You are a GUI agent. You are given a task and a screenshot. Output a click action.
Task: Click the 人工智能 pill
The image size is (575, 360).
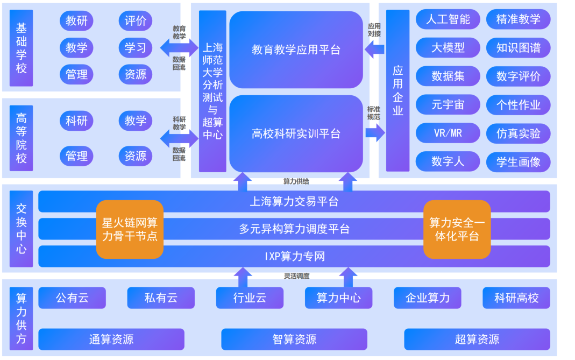pos(448,20)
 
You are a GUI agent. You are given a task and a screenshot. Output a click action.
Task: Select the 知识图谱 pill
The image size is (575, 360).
pos(518,48)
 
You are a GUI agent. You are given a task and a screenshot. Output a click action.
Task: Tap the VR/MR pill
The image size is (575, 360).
pos(448,133)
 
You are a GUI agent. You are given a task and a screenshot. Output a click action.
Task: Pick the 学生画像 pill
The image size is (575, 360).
pos(518,161)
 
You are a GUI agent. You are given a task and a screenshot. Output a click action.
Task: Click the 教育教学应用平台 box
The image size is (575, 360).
pos(296,50)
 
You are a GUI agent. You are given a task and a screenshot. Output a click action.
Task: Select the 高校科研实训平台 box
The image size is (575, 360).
pos(296,133)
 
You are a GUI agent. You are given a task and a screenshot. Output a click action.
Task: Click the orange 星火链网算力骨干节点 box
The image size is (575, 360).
pos(130,229)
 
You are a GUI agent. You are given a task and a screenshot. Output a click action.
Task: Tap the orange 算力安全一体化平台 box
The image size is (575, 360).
pos(457,229)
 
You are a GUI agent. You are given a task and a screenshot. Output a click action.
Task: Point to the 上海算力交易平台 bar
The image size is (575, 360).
pos(294,202)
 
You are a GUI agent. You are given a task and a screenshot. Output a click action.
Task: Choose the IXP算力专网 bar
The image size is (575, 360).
pos(294,256)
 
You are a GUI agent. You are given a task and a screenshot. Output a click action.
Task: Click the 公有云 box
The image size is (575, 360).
pos(72,298)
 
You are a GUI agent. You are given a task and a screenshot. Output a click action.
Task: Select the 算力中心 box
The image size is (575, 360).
pos(338,298)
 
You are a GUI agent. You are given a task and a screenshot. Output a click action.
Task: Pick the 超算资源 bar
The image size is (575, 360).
pos(477,339)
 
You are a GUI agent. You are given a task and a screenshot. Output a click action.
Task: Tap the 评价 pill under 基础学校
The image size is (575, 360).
pos(135,22)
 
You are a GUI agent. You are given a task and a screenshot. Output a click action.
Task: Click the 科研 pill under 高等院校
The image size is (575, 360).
pos(76,121)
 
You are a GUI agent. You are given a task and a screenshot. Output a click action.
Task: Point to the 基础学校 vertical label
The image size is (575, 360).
pos(21,48)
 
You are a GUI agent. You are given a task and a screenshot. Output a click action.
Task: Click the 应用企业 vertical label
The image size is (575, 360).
pos(397,90)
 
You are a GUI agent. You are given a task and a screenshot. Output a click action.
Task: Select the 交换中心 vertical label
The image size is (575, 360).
pos(21,229)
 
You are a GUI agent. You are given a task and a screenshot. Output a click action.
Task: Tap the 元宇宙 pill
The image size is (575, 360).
pos(448,105)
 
